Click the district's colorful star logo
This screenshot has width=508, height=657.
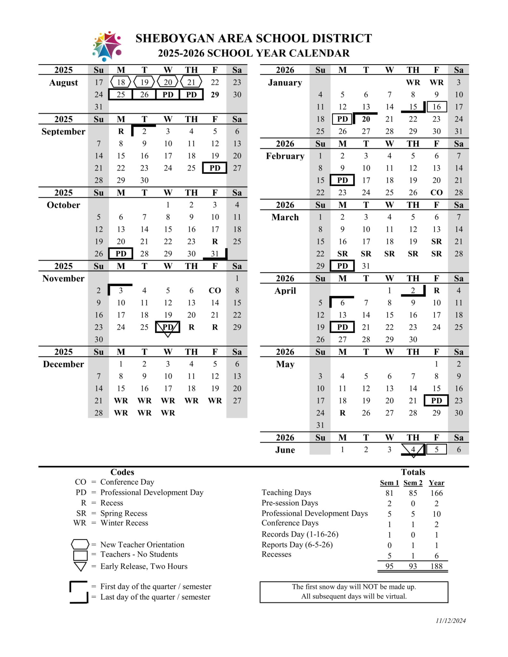[x=107, y=46]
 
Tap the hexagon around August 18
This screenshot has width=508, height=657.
[x=121, y=82]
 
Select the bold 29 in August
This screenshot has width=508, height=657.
[x=215, y=95]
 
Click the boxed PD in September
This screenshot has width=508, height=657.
[x=215, y=168]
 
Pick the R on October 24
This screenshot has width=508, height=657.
[x=215, y=242]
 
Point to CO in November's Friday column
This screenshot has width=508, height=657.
[x=215, y=291]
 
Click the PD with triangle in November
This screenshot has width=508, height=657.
[x=168, y=327]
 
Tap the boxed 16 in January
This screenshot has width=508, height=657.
[x=436, y=107]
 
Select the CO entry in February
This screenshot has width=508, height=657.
[x=436, y=192]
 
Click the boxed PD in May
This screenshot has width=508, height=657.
[x=436, y=401]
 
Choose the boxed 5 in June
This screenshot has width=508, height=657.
[x=436, y=449]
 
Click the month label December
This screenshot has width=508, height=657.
[x=64, y=364]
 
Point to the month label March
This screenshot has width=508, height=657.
[x=285, y=217]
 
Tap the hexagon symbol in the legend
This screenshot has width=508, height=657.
[x=80, y=544]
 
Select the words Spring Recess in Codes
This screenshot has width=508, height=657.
[x=124, y=513]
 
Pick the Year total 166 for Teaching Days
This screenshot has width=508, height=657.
[x=436, y=493]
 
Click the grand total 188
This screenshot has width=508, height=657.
[x=436, y=566]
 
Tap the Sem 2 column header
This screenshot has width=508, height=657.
[x=413, y=483]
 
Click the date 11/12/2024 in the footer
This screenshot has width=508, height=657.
[x=451, y=621]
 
